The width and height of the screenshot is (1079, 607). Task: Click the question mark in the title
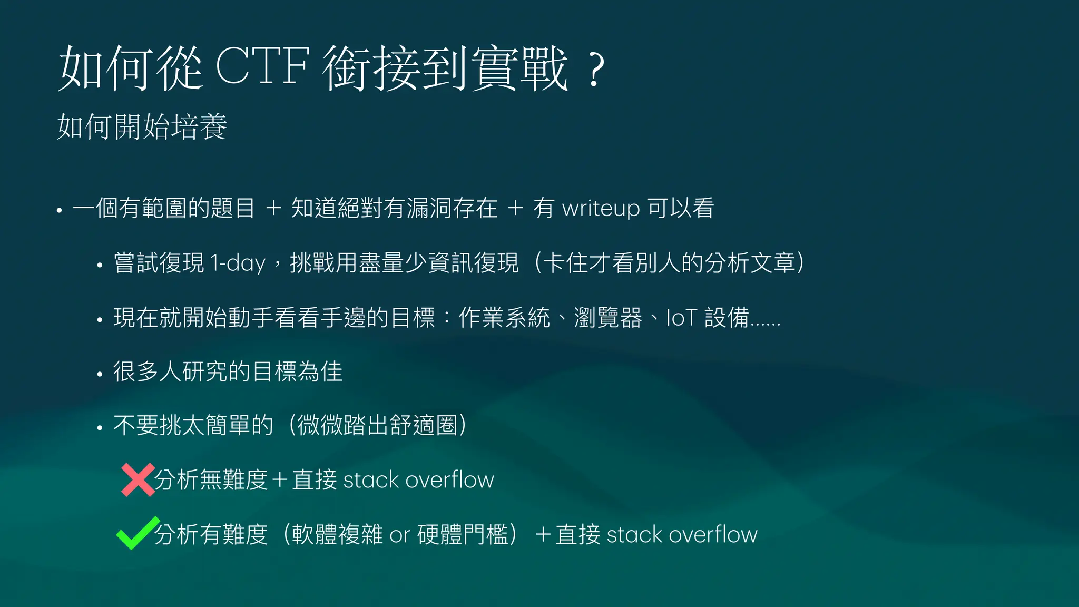coord(595,70)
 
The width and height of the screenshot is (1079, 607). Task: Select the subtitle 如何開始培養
coord(142,127)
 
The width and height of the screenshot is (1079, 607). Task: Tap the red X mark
coord(138,479)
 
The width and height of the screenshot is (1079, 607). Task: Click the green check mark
coord(138,533)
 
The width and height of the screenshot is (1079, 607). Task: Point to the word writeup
coord(601,209)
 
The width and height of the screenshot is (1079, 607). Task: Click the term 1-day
coord(237,263)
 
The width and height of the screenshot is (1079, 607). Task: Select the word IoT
coord(682,318)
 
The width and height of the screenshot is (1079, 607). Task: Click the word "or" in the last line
coord(399,535)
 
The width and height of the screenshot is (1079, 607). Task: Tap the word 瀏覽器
coord(608,318)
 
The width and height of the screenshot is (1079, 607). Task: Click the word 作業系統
coord(504,318)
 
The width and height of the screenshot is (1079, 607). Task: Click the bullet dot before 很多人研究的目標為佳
coord(100,375)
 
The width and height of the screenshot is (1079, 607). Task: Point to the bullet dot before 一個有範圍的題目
coord(60,211)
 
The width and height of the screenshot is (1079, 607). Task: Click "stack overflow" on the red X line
coord(418,480)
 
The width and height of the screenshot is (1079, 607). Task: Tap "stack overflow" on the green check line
coord(682,535)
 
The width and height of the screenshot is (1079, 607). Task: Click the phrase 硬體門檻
coord(463,535)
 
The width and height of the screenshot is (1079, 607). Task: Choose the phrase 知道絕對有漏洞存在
coord(394,209)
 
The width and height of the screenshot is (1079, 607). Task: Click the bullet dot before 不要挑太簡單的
coord(100,428)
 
